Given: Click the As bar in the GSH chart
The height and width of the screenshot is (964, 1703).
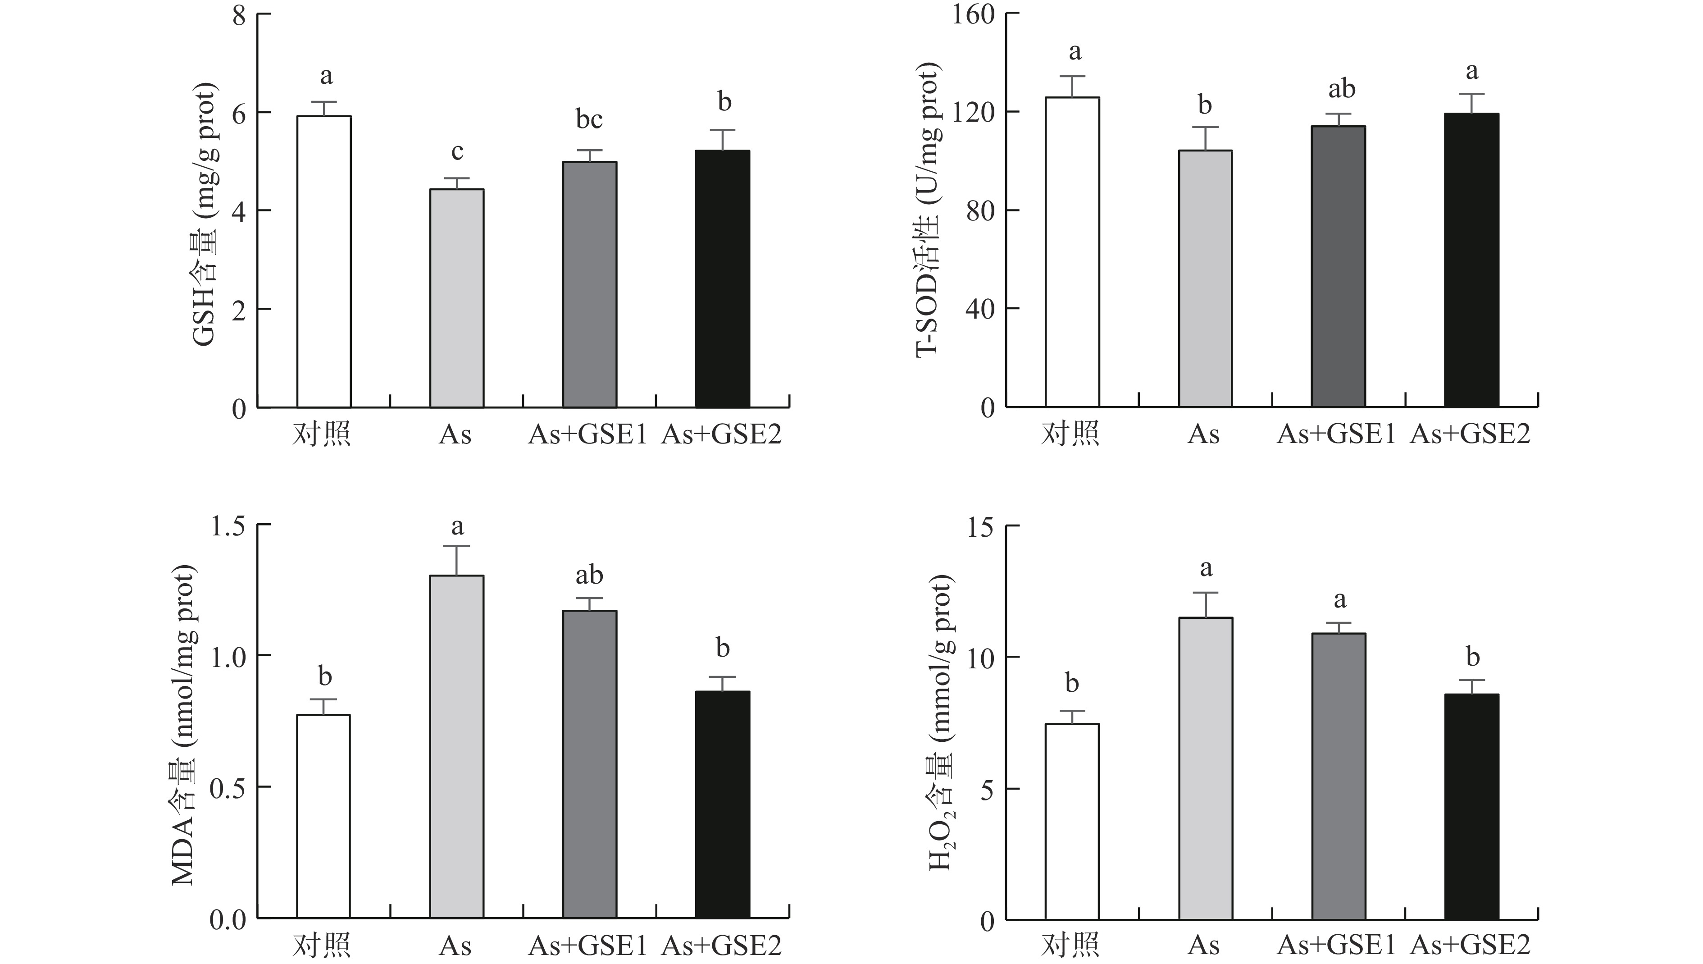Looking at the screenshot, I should coord(457,298).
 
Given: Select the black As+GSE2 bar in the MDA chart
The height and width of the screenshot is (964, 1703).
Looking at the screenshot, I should coord(722,804).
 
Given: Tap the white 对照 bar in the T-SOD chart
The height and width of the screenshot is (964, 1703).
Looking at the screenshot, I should coord(1072,251).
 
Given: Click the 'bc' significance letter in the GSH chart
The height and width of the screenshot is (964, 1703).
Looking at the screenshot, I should coord(589,120).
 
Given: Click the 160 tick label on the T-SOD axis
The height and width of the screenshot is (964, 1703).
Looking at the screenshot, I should coord(973,14).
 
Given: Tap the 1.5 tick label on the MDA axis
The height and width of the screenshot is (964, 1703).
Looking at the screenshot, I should coord(227,526).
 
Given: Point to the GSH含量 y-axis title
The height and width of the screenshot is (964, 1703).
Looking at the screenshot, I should coord(204,215).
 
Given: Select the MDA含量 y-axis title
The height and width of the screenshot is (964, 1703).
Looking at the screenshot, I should coord(183,725).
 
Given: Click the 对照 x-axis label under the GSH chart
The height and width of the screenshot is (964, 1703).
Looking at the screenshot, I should coord(322,435).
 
